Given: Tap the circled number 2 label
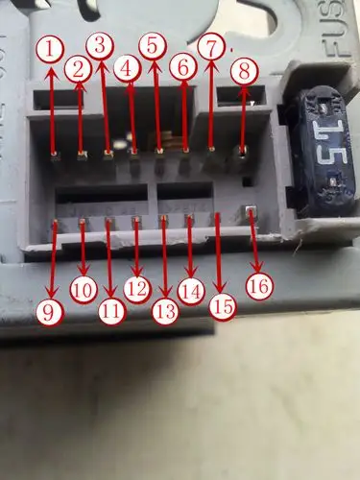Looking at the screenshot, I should (x=78, y=68).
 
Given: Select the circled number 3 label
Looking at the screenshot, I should (x=99, y=44).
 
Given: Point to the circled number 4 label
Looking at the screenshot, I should (x=126, y=68).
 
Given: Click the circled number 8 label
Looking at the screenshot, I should (x=245, y=69).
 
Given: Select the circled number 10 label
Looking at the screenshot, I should (x=84, y=288).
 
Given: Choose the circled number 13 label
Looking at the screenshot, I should (x=165, y=309).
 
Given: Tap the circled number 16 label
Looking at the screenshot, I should (x=257, y=285).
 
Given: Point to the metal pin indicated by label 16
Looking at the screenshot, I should (x=252, y=212).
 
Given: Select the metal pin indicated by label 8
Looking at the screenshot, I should (x=242, y=150).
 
